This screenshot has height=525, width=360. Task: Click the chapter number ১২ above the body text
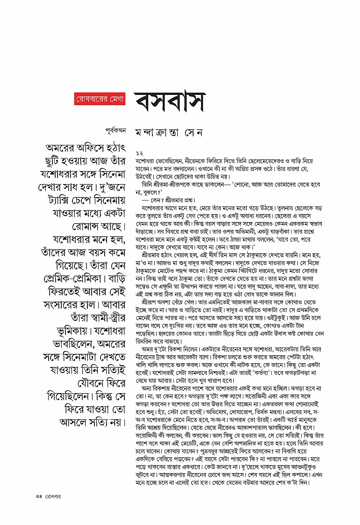click(139, 153)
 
